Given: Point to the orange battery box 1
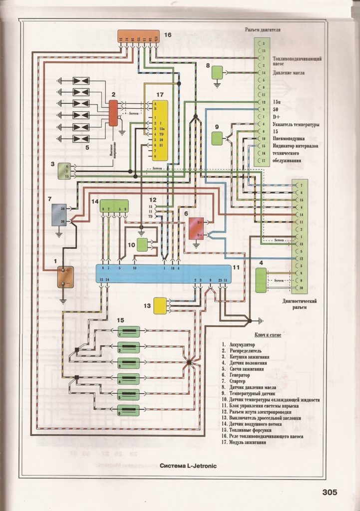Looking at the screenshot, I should [x=64, y=277].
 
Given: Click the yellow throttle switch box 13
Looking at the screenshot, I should [x=161, y=305].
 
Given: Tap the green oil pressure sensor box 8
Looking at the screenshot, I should [x=218, y=73].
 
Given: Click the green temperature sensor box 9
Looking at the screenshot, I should [x=217, y=138].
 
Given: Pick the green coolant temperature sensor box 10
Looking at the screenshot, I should [x=143, y=245].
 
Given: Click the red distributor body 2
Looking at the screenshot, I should [x=113, y=113].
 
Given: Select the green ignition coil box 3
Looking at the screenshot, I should [x=64, y=171].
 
